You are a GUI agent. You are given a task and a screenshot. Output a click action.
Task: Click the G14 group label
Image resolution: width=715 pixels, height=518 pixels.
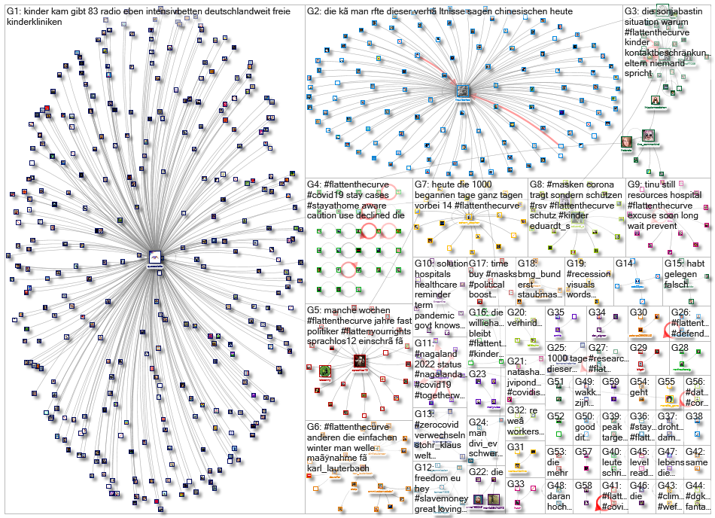[624, 264]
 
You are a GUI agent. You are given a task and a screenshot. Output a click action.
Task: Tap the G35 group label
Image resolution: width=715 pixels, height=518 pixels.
[555, 312]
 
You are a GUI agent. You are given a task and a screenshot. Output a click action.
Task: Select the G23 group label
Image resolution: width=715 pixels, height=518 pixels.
[478, 373]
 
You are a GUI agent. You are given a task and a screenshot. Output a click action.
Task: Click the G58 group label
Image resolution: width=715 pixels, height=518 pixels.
[583, 486]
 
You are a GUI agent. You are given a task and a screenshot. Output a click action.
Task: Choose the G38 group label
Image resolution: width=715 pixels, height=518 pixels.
[694, 416]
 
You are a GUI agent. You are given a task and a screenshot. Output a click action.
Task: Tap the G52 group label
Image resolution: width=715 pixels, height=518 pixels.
[555, 416]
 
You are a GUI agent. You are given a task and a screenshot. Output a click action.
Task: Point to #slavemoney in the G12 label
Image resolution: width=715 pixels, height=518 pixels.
[440, 499]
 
